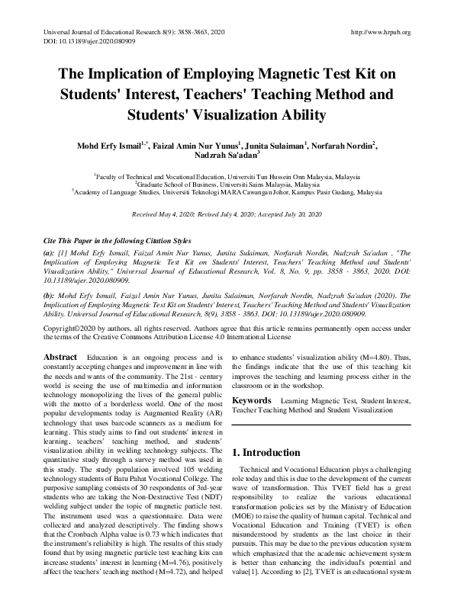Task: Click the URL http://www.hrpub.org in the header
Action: click(x=379, y=32)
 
